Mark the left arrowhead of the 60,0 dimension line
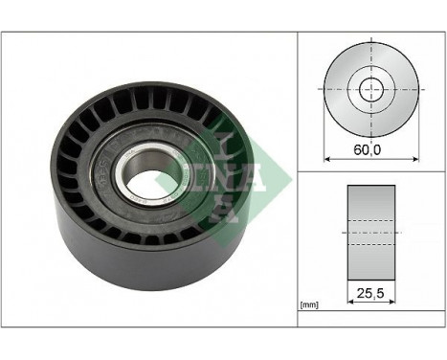(x=328, y=159)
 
